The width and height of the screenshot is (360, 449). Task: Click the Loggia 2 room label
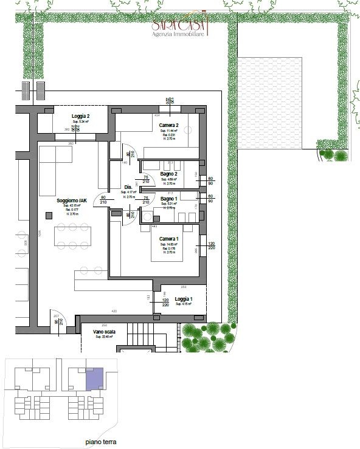(80, 116)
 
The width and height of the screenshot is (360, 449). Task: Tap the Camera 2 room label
(168, 125)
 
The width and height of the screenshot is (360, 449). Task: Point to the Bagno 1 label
(168, 199)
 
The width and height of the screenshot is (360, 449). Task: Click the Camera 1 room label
(168, 239)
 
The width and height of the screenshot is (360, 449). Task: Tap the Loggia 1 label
(184, 300)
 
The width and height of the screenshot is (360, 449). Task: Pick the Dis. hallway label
(128, 187)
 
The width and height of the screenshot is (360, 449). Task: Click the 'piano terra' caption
(102, 442)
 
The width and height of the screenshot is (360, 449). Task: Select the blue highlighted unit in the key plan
(94, 380)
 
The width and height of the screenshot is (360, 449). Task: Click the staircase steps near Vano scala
(144, 334)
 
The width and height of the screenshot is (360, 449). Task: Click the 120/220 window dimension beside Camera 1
(211, 245)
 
